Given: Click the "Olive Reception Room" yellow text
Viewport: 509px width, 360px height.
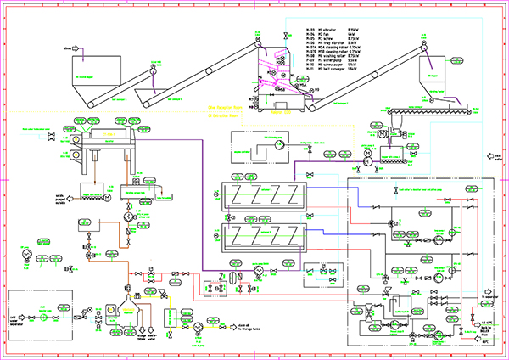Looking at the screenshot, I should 223,108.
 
